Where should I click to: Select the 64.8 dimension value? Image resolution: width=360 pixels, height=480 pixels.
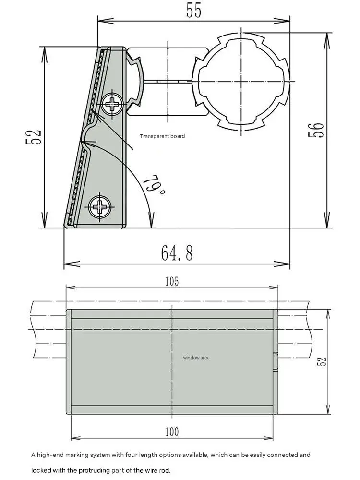coord(177,253)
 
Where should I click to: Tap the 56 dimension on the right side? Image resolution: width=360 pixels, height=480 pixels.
coord(316,129)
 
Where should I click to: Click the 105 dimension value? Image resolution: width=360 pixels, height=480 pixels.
coord(172,281)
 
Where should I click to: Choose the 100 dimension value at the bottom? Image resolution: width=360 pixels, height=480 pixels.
coord(172,432)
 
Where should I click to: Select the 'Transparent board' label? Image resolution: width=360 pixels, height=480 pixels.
coord(162,136)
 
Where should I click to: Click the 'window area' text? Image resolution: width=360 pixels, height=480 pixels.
coord(196,357)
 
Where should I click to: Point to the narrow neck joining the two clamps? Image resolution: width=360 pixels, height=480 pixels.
coord(168,81)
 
